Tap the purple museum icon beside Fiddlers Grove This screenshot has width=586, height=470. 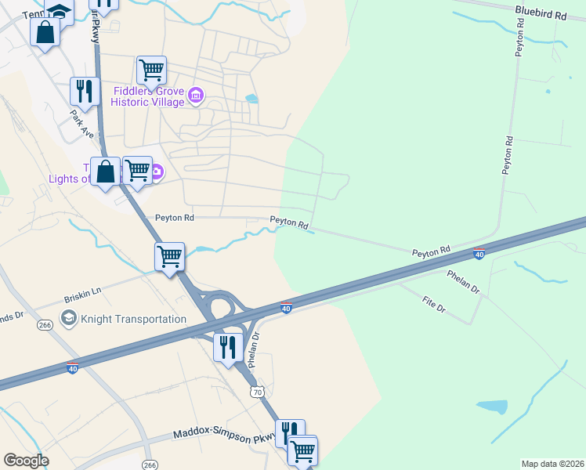(x=196, y=96)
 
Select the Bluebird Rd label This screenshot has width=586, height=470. (x=541, y=14)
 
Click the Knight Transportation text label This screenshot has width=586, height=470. (x=133, y=319)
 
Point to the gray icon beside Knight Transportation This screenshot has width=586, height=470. (x=69, y=318)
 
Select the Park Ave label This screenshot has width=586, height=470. (x=81, y=124)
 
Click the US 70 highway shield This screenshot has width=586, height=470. (x=255, y=390)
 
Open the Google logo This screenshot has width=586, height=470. (x=26, y=461)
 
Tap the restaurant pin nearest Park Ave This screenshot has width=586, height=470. (x=84, y=92)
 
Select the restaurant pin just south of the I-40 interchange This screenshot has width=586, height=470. (x=228, y=347)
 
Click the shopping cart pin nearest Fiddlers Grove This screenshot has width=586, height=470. (x=150, y=69)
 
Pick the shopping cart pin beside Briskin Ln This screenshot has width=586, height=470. (x=170, y=256)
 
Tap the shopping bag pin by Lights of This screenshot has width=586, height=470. (x=105, y=172)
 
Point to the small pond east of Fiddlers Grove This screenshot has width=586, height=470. (x=251, y=99)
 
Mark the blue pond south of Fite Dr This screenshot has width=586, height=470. (x=490, y=407)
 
